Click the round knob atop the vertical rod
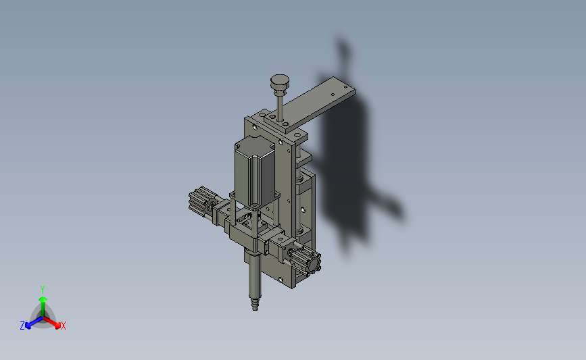click(280, 82)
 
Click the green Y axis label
click(43, 290)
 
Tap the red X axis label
click(63, 326)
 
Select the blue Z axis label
click(22, 326)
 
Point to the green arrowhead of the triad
click(43, 299)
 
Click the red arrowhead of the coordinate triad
click(57, 326)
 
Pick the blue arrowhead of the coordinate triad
click(28, 326)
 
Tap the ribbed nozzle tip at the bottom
click(255, 303)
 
